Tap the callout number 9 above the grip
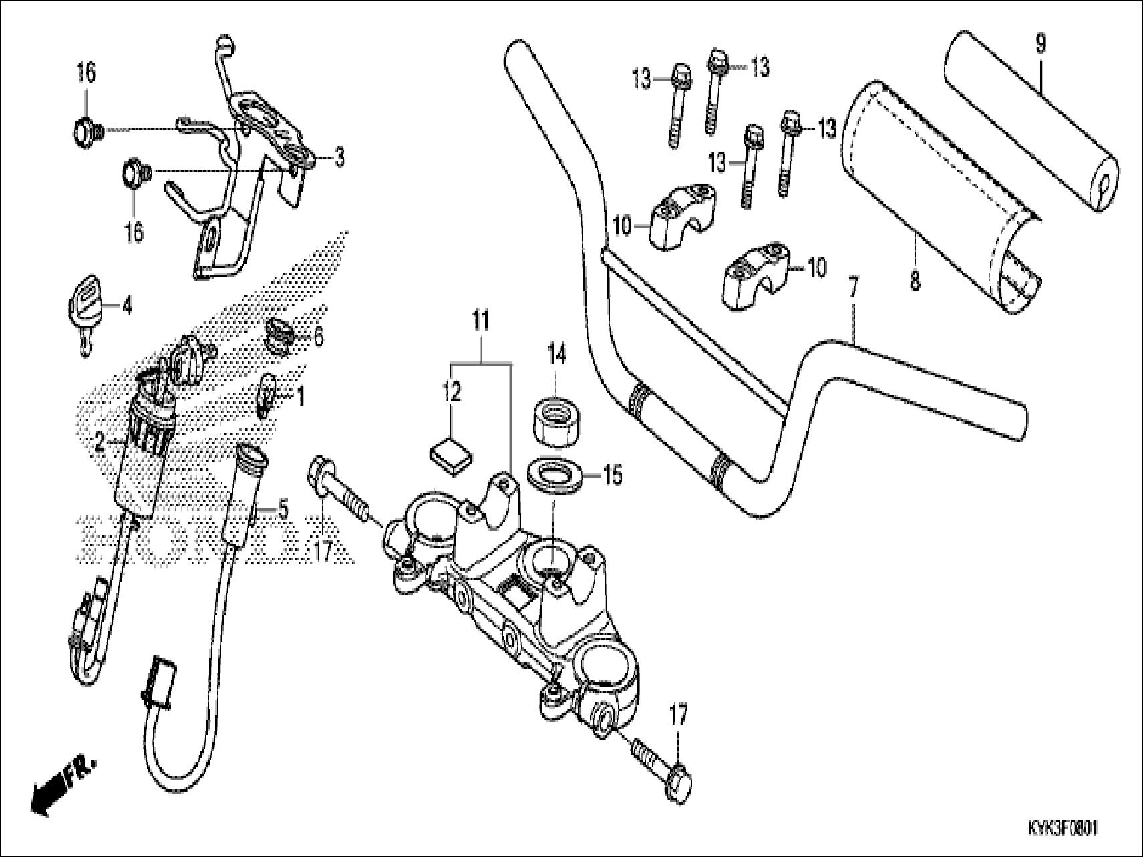tap(1041, 44)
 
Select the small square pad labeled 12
tap(450, 457)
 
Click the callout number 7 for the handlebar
tap(853, 287)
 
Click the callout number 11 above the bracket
tap(481, 321)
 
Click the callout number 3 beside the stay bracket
tap(339, 158)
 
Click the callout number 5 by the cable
tap(283, 510)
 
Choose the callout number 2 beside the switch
tap(99, 441)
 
